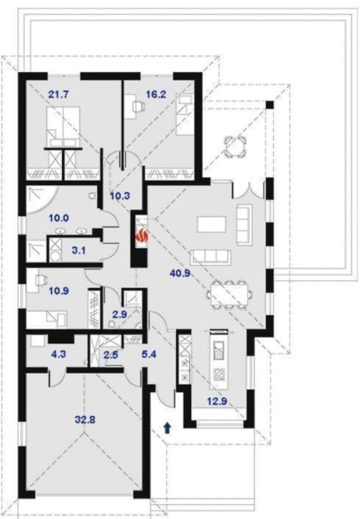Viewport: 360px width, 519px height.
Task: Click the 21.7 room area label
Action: pyautogui.click(x=58, y=95)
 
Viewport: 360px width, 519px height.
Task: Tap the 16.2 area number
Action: pyautogui.click(x=156, y=95)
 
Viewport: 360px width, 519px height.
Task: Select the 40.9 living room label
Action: pyautogui.click(x=179, y=273)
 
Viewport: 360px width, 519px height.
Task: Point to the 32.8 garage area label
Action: pyautogui.click(x=85, y=420)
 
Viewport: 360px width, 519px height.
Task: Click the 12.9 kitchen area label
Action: pyautogui.click(x=217, y=401)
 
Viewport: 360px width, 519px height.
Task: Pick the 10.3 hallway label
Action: pyautogui.click(x=120, y=196)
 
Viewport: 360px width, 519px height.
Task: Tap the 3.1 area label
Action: pyautogui.click(x=79, y=250)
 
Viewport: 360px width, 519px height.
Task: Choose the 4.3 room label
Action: pyautogui.click(x=58, y=354)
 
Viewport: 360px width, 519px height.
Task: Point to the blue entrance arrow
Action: pyautogui.click(x=168, y=428)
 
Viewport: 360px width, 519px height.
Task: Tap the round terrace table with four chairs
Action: pyautogui.click(x=236, y=145)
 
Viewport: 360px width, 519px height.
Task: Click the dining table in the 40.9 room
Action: pyautogui.click(x=229, y=294)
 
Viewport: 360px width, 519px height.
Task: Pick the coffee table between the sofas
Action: pyautogui.click(x=212, y=224)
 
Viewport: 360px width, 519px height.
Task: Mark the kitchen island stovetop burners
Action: pyautogui.click(x=219, y=374)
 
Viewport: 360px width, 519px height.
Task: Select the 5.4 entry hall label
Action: pyautogui.click(x=149, y=354)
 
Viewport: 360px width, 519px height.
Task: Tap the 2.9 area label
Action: pyautogui.click(x=120, y=314)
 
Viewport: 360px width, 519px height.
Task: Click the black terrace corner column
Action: pyautogui.click(x=270, y=104)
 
